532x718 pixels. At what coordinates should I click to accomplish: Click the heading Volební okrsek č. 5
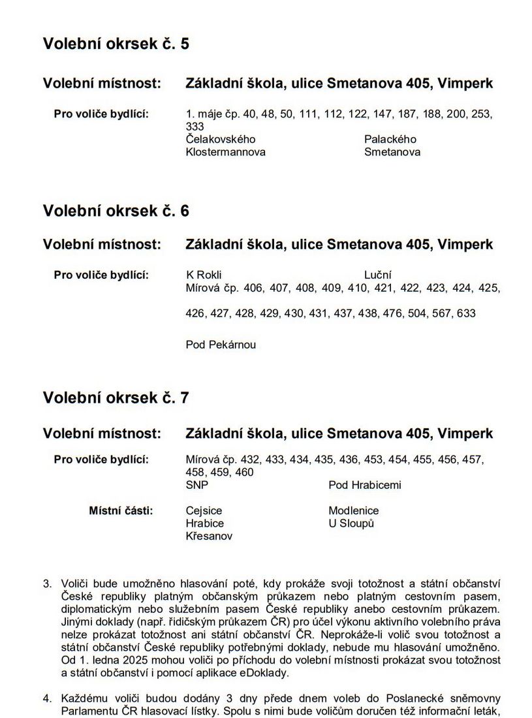[x=116, y=44]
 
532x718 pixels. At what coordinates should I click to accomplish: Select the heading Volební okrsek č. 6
[x=116, y=211]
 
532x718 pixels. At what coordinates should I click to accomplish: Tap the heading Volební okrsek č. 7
[x=116, y=398]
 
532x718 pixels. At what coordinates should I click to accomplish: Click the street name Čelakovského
[x=221, y=140]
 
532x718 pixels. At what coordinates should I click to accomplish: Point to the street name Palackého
[x=390, y=140]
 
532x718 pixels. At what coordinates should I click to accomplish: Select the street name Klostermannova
[x=226, y=152]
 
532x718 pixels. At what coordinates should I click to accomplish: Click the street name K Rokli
[x=204, y=275]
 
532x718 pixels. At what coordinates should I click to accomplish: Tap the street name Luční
[x=377, y=275]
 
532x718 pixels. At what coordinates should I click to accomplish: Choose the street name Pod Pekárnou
[x=221, y=345]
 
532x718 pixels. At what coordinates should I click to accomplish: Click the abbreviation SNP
[x=197, y=486]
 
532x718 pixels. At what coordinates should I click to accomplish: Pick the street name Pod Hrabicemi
[x=365, y=486]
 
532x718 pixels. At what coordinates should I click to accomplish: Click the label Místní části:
[x=121, y=510]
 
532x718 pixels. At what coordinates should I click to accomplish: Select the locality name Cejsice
[x=204, y=511]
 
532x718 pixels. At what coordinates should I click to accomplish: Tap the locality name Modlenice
[x=354, y=511]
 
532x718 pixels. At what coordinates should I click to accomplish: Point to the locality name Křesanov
[x=209, y=537]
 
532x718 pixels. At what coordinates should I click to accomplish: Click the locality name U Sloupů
[x=351, y=523]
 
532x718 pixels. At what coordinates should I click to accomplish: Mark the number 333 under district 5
[x=195, y=127]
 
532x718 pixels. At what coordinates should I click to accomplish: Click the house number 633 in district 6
[x=467, y=314]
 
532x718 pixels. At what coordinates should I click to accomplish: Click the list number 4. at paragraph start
[x=48, y=698]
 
